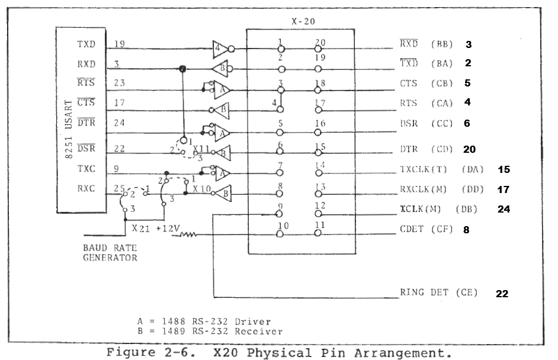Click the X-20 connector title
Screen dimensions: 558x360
(303, 21)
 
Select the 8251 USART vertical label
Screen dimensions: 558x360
(69, 130)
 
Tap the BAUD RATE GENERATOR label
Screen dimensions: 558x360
(110, 253)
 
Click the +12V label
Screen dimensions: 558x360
(168, 229)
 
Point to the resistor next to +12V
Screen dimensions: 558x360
(188, 234)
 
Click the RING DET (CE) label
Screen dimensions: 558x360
(438, 292)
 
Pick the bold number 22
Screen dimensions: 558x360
(502, 294)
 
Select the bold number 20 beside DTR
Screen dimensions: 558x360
(469, 149)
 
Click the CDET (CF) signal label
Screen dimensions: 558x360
(426, 229)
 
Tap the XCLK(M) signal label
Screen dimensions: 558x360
(421, 209)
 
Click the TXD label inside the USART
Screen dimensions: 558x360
(86, 44)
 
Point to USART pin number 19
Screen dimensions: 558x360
(120, 44)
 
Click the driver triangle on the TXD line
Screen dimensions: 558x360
(220, 49)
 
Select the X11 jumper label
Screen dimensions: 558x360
(201, 149)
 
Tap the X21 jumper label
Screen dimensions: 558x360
(140, 229)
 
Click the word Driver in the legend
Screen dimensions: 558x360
(253, 322)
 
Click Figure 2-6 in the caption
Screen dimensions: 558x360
(151, 353)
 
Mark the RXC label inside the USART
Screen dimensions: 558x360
(86, 188)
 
